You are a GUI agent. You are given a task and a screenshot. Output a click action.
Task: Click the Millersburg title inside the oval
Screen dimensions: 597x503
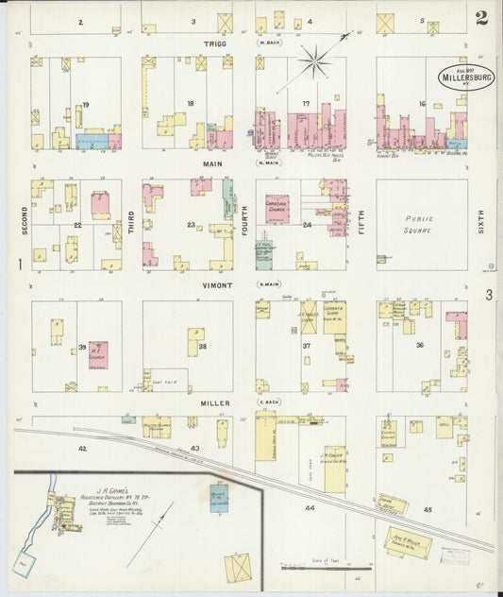pos(465,78)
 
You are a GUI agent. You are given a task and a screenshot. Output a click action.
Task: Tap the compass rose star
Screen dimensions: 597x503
pos(316,62)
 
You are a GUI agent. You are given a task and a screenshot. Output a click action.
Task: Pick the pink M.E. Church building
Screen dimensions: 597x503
pos(98,354)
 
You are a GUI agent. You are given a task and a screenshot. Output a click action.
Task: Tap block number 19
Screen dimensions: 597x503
pos(85,105)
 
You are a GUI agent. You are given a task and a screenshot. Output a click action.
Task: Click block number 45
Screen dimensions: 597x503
pos(428,510)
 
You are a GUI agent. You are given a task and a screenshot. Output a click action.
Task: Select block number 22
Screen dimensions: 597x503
pos(78,225)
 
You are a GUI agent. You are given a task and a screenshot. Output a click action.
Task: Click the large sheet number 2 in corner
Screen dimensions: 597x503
pos(481,18)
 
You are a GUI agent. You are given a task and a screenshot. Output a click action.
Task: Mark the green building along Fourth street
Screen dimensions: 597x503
pos(228,199)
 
